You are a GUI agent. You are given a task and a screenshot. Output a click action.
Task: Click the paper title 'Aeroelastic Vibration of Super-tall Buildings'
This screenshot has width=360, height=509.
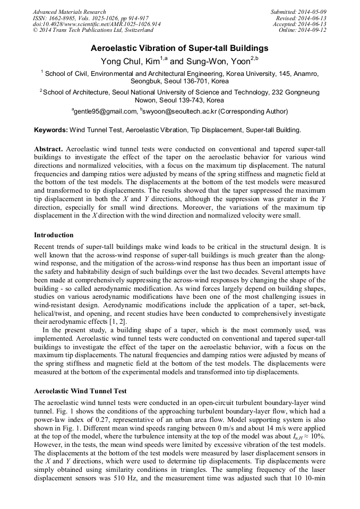pos(179,48)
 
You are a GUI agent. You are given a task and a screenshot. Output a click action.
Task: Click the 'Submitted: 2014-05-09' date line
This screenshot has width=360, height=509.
pos(298,12)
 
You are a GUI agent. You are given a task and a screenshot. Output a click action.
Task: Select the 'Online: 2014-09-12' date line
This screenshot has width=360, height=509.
pos(303,30)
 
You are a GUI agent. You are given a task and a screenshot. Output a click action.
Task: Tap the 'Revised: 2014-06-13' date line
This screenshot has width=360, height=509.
pos(301,18)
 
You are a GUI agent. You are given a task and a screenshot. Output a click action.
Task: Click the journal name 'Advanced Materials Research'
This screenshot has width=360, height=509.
pos(69,12)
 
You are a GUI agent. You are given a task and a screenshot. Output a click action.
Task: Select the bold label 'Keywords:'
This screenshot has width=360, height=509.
pos(51,130)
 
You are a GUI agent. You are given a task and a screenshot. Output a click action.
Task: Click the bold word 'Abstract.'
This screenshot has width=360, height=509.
pos(48,149)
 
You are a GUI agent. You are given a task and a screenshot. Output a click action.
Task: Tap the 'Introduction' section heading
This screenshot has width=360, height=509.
pos(54,235)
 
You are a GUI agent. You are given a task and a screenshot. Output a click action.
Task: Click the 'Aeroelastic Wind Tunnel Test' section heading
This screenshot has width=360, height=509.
pos(80,391)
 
